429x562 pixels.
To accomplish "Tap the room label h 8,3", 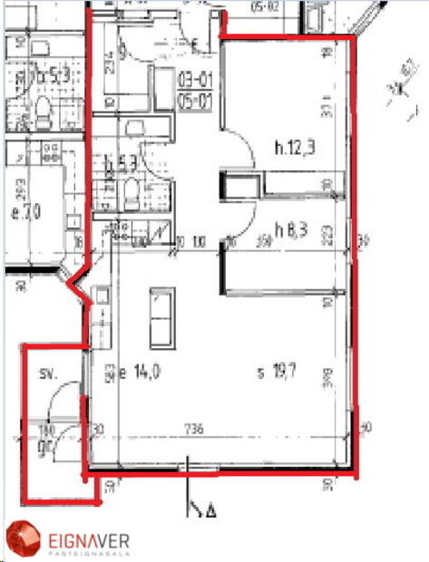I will (x=290, y=231).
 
